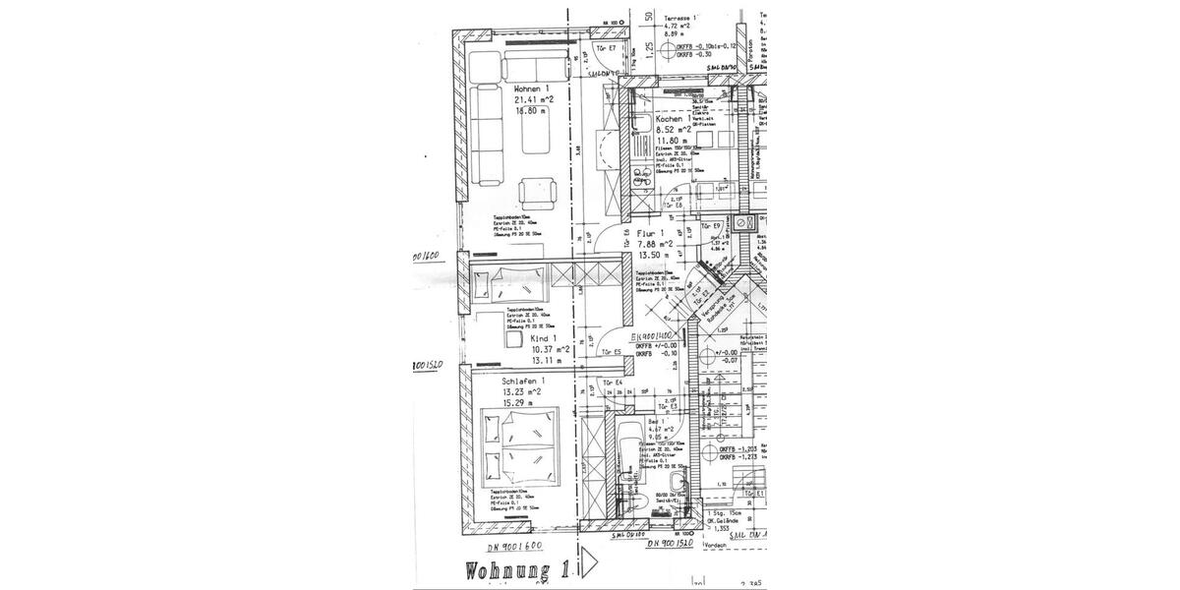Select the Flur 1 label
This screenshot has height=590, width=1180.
649,233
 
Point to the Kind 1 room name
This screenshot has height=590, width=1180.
516,336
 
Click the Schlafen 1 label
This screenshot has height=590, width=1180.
525,380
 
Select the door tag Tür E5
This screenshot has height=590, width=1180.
612,352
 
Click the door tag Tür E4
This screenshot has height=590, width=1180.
615,382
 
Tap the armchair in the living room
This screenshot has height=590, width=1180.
538,191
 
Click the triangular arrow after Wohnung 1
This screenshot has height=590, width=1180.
591,562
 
